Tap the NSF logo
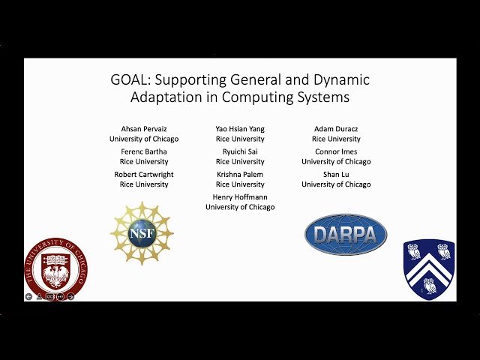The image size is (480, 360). click(142, 233)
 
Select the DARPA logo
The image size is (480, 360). click(346, 235)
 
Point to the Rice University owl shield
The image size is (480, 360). click(429, 268)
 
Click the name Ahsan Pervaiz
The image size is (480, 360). click(144, 129)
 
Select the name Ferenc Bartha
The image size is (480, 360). click(144, 151)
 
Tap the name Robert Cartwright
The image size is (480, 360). click(144, 174)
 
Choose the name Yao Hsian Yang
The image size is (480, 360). click(240, 129)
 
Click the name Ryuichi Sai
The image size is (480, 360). click(240, 151)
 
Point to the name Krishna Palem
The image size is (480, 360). click(240, 174)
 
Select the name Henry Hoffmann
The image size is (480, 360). click(240, 196)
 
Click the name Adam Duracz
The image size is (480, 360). click(336, 129)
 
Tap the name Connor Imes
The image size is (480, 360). click(336, 151)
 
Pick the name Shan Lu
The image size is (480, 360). click(336, 174)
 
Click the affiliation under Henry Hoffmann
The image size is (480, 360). click(240, 207)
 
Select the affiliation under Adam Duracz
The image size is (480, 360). click(336, 139)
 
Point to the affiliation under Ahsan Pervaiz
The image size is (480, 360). click(144, 139)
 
